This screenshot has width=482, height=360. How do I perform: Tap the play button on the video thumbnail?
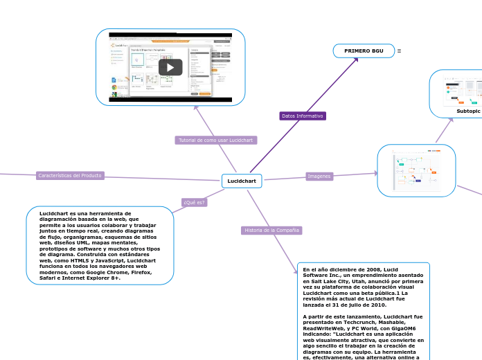170,67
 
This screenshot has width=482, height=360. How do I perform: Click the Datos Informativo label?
303,116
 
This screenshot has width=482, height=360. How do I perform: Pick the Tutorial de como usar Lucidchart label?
216,140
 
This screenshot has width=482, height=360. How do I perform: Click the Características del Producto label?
70,176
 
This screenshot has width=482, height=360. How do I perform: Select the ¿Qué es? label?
194,202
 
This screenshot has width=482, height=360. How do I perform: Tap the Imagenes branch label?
319,177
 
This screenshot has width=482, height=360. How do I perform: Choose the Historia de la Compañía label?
271,230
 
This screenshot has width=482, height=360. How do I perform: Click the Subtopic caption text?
468,111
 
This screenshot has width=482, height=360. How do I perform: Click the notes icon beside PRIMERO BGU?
399,51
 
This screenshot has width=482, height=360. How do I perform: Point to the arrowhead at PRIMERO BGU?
356,59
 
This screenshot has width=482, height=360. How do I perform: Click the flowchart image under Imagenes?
416,170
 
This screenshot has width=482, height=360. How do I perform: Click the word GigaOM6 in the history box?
409,329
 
